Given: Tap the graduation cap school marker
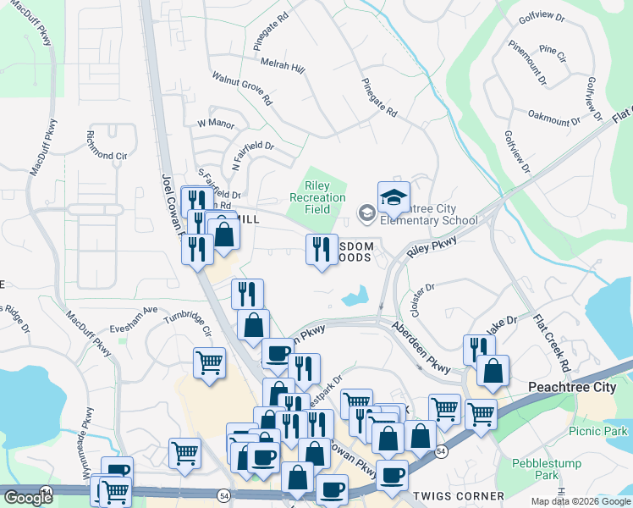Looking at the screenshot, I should coord(394,198).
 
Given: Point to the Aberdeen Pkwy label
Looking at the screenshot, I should coord(421,348).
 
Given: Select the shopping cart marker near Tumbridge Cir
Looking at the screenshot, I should coord(209,362).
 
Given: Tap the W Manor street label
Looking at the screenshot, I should coord(215,124).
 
